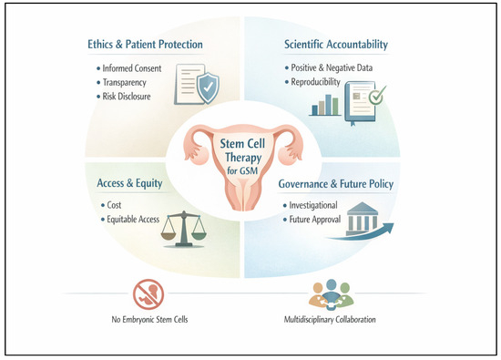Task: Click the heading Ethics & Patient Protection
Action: [145, 44]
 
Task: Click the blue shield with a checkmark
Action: [208, 87]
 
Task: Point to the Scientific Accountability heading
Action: [336, 44]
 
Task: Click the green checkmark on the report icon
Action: [377, 95]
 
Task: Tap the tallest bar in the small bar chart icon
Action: [328, 105]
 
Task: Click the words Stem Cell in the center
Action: [242, 144]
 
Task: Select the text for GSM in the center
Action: [242, 170]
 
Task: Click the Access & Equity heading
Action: [129, 183]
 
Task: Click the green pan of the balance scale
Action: [199, 237]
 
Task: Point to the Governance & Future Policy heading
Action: [336, 184]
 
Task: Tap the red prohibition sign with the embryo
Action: [148, 294]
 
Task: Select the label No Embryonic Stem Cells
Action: [149, 319]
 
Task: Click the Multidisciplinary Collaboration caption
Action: [330, 319]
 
